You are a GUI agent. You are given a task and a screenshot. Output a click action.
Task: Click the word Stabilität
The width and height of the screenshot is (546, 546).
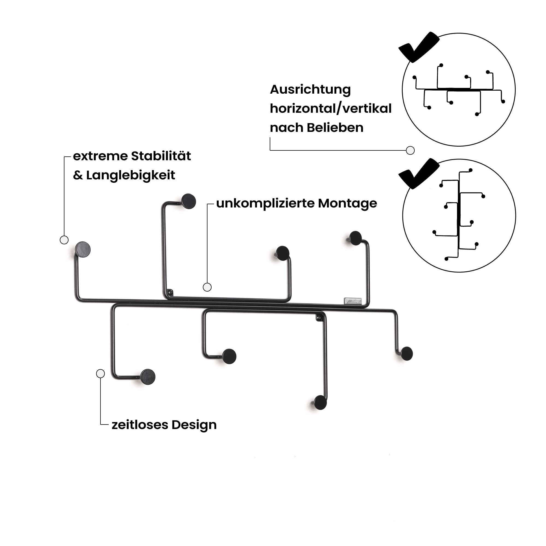click(x=161, y=156)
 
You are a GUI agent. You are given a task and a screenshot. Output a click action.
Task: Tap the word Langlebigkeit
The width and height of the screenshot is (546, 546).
click(x=130, y=175)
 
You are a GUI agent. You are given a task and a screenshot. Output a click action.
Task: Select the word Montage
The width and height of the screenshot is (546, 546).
click(x=347, y=203)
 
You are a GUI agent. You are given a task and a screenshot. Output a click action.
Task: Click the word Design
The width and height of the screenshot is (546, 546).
click(x=194, y=425)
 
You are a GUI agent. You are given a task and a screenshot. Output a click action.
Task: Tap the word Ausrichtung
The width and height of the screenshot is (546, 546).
click(x=310, y=90)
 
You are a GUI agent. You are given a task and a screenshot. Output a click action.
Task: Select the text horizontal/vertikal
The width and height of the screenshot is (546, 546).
click(x=330, y=109)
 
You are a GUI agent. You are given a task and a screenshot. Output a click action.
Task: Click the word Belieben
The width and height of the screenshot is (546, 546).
click(x=335, y=128)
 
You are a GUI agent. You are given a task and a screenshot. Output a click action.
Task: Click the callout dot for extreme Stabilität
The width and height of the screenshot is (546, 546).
click(x=64, y=240)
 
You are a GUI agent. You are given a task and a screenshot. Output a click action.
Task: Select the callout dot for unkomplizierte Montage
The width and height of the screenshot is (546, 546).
click(x=207, y=287)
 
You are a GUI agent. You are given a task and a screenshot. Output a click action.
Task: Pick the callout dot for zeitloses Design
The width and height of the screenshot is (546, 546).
click(x=100, y=374)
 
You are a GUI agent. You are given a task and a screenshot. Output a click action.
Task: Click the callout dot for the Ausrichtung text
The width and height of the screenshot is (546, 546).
click(x=410, y=150)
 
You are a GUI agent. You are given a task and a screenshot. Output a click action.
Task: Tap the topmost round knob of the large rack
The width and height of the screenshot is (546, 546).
click(x=188, y=201)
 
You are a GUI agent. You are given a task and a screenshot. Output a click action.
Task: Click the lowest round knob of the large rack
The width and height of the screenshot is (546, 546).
click(x=321, y=403)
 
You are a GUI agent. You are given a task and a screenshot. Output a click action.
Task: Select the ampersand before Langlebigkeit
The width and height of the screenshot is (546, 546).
click(x=78, y=176)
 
